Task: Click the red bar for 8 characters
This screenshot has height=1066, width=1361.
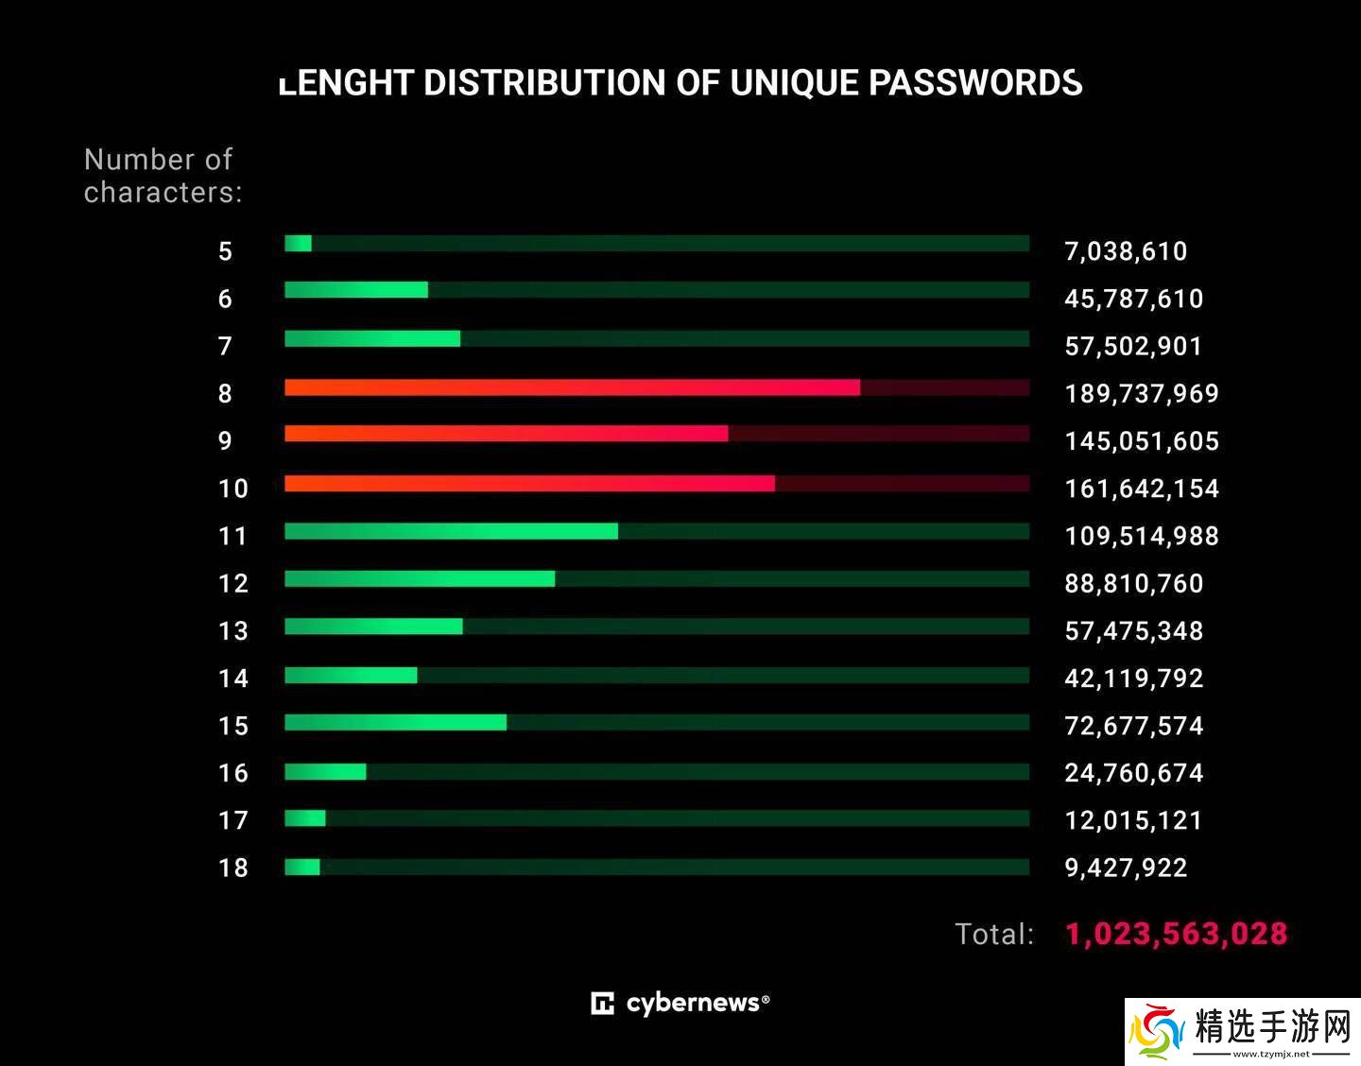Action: (x=572, y=387)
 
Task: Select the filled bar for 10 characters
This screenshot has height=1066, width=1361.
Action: (x=529, y=483)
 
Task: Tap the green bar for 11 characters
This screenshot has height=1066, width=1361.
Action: (x=451, y=531)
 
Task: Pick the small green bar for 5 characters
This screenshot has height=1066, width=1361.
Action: (x=298, y=243)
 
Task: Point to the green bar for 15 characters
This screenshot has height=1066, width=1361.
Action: (x=395, y=722)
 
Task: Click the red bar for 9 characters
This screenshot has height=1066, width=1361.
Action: (x=506, y=434)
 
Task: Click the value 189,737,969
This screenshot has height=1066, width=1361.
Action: (x=1142, y=393)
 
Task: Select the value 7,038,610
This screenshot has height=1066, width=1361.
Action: (x=1126, y=251)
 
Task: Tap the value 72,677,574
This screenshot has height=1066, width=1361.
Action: (x=1134, y=726)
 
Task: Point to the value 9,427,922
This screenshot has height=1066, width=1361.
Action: (x=1126, y=868)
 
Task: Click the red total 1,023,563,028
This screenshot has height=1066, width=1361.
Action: (x=1176, y=934)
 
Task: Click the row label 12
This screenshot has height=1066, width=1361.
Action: (x=233, y=583)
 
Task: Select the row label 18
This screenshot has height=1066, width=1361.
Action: (x=233, y=868)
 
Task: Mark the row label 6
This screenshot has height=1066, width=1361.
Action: (x=225, y=299)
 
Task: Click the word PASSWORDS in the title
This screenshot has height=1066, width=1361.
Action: (x=975, y=83)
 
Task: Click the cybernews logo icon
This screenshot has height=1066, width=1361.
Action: (x=602, y=1003)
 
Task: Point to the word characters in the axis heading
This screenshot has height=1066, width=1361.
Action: (x=163, y=192)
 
